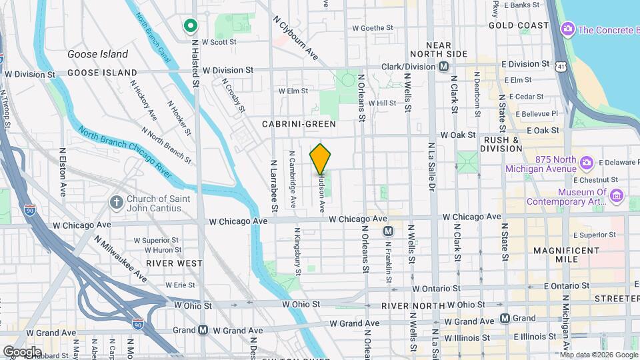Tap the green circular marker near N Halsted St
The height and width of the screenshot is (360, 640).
pos(190,26)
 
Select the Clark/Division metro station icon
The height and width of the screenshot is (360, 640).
pos(443,67)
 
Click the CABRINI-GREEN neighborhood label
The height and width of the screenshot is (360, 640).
pos(299,124)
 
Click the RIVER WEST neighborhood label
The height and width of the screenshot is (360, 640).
pos(174,263)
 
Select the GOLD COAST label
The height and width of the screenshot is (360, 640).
pos(518,25)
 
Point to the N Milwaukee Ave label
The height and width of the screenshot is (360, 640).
pos(121,258)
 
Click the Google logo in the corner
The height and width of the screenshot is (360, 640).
pos(22,351)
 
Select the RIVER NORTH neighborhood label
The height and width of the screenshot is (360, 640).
pos(407,306)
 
